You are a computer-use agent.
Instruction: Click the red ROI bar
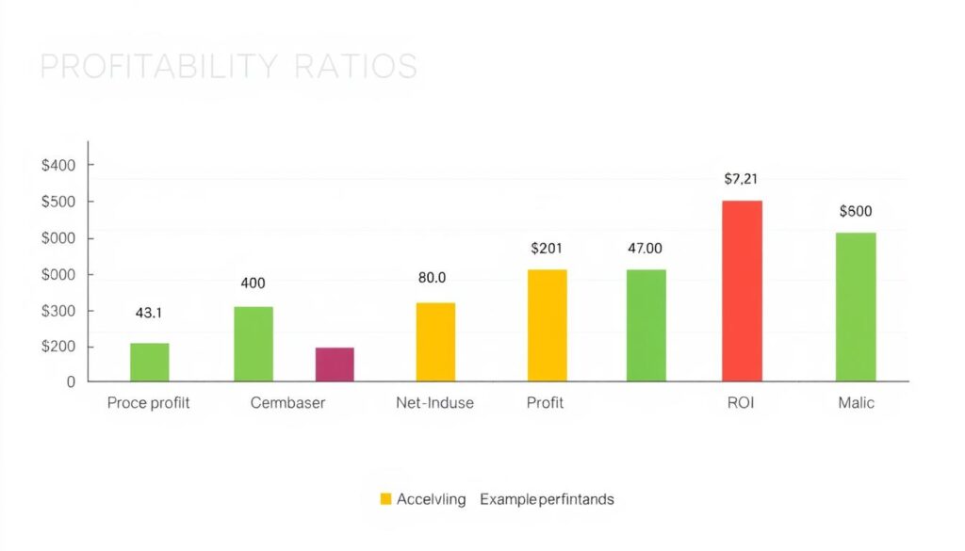[x=742, y=291]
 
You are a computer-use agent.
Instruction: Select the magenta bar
[x=335, y=365]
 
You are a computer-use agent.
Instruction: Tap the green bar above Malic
[x=856, y=307]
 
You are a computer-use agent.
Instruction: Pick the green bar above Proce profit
[x=150, y=363]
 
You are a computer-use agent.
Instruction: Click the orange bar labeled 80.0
[x=435, y=342]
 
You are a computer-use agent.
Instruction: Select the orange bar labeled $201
[x=548, y=326]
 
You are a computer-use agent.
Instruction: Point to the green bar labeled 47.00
[x=646, y=326]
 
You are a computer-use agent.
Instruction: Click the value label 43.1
[x=149, y=314]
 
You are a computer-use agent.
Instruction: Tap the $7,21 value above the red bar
[x=742, y=178]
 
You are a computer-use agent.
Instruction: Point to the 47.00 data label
[x=645, y=249]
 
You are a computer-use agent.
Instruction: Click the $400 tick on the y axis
[x=58, y=166]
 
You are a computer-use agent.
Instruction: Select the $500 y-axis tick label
[x=58, y=202]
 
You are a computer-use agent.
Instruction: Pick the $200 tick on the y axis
[x=58, y=348]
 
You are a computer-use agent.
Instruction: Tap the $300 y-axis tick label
[x=58, y=312]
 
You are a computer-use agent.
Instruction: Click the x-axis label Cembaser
[x=287, y=403]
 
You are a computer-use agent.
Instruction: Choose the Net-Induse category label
[x=434, y=403]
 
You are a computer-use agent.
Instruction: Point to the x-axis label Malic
[x=856, y=403]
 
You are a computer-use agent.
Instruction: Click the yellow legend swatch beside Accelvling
[x=385, y=499]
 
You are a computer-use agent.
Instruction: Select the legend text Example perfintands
[x=547, y=499]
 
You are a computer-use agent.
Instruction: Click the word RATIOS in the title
[x=355, y=67]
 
